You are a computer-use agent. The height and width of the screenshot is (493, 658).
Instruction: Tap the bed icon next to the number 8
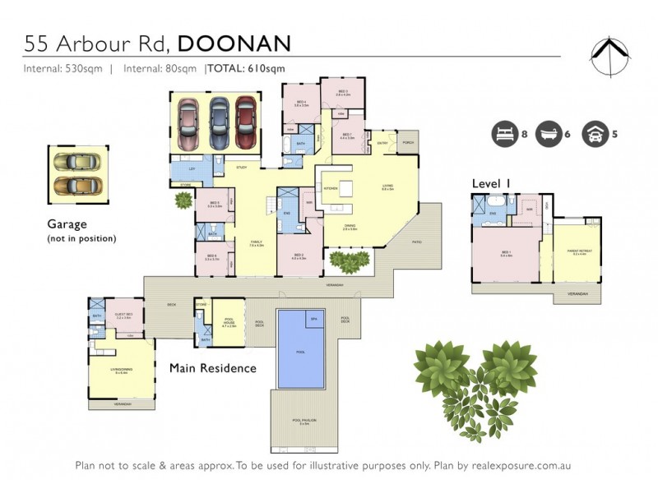pos(503,133)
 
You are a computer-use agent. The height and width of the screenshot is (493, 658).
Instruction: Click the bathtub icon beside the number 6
pos(547,133)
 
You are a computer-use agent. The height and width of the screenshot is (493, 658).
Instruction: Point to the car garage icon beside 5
pos(592,133)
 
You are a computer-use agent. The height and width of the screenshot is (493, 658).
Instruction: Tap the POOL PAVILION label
pos(304,422)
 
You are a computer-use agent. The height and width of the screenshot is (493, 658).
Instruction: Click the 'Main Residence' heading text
pos(212,368)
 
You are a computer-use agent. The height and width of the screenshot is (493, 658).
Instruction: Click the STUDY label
pos(241,168)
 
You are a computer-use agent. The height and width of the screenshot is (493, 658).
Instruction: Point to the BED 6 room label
pos(212,256)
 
